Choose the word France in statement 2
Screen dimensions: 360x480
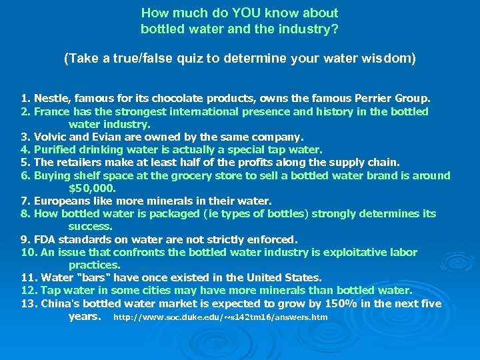point(51,111)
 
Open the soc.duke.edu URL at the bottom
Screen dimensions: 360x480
point(221,317)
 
